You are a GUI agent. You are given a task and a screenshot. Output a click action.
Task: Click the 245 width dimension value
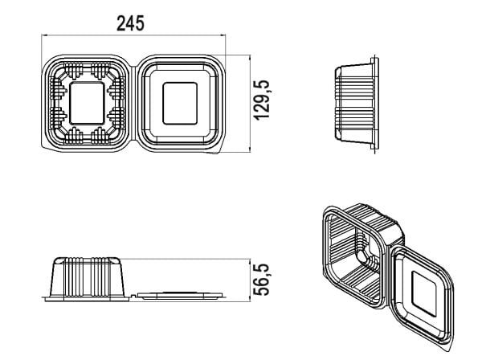[130, 23]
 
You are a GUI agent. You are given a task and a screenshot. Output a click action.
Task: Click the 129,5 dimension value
[262, 100]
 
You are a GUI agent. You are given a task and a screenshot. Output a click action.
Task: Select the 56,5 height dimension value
[262, 280]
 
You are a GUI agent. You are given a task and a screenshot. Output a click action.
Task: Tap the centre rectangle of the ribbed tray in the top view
[87, 104]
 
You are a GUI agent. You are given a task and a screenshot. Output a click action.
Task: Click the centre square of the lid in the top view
[180, 104]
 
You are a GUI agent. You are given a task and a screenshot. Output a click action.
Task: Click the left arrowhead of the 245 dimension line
[43, 35]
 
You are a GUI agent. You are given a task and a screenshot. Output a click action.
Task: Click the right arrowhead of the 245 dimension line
[223, 35]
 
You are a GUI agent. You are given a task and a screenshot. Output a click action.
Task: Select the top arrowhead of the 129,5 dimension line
[250, 58]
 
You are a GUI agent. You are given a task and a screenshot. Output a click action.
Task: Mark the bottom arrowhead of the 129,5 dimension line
[250, 149]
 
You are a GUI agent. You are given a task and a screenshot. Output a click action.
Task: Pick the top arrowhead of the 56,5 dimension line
[250, 261]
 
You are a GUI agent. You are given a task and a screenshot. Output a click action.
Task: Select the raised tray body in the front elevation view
[88, 277]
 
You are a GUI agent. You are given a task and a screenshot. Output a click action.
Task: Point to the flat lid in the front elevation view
[180, 296]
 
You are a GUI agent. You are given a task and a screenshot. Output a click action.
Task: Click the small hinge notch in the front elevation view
[133, 297]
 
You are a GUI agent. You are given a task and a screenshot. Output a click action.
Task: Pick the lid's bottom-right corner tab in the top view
[216, 151]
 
